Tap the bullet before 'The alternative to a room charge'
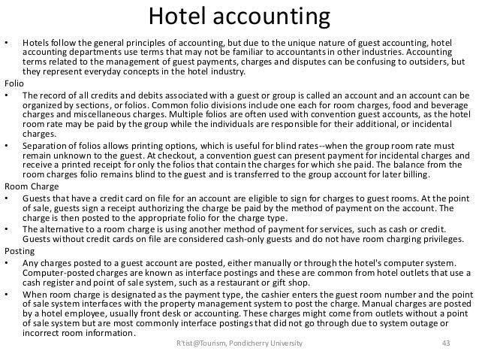7,228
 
